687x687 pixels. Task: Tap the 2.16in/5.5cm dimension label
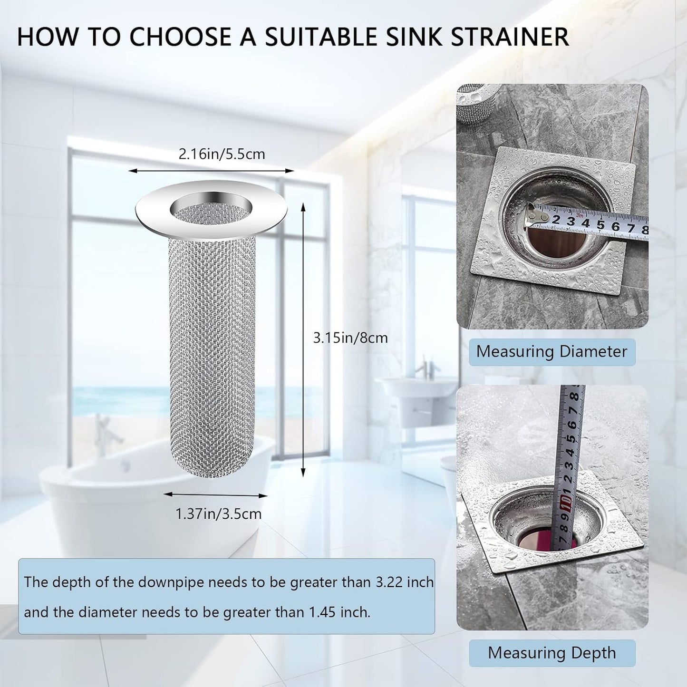tap(222, 155)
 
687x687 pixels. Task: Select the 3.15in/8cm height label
tap(350, 338)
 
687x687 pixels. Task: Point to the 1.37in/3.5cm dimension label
tap(219, 514)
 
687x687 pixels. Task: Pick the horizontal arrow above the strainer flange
tap(212, 171)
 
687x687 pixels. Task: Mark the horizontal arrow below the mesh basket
tap(215, 495)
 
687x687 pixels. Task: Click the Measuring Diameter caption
tap(552, 352)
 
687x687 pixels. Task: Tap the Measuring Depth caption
tap(552, 653)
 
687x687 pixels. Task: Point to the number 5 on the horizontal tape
tap(600, 224)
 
